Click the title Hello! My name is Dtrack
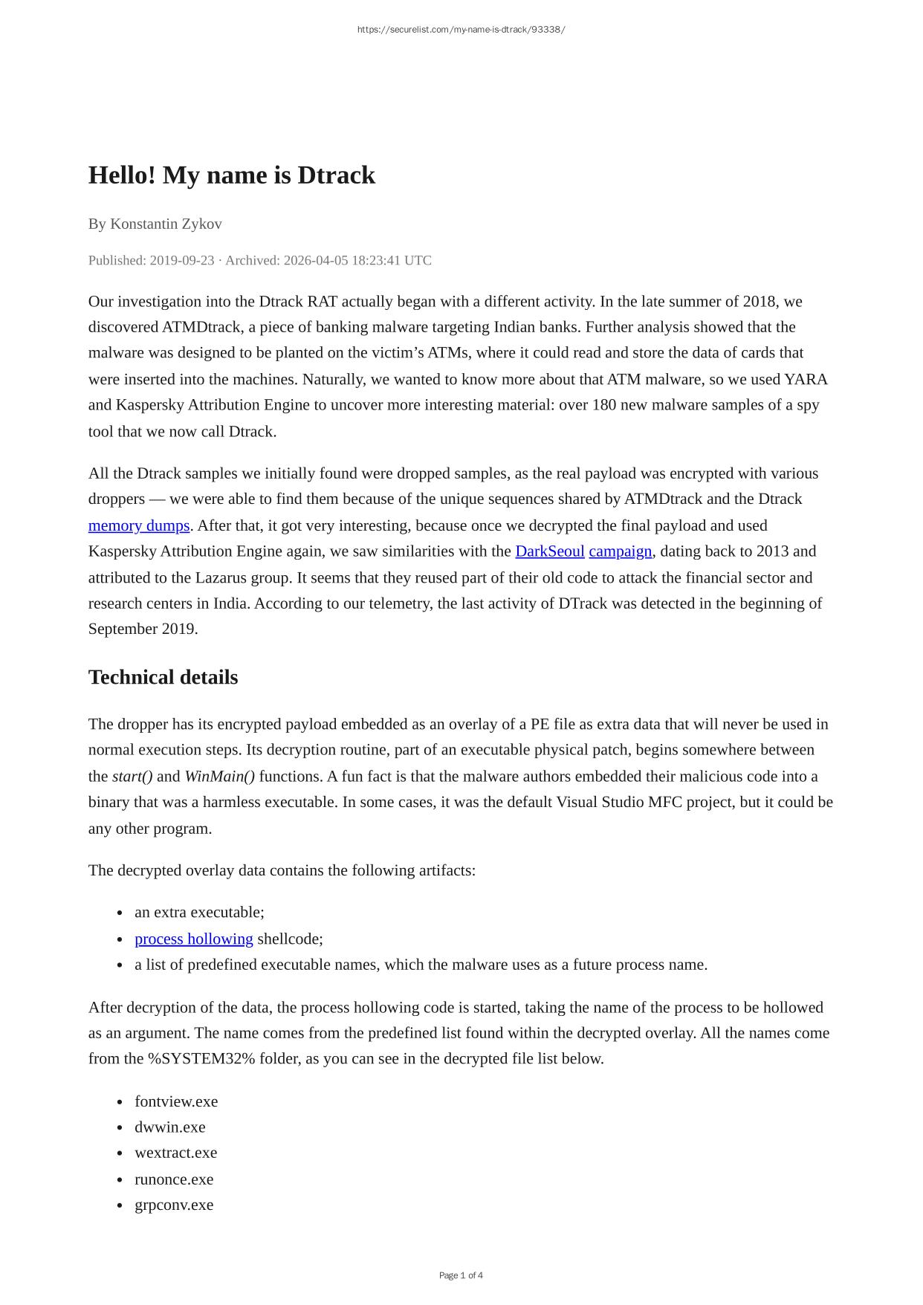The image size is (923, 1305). [231, 175]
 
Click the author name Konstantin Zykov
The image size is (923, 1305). [166, 224]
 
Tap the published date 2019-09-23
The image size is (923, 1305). [181, 260]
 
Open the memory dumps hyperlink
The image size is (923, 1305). [139, 525]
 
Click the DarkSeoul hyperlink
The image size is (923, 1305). [549, 551]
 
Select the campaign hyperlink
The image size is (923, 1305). [620, 551]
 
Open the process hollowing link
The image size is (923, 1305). [193, 939]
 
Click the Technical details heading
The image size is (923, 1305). [163, 678]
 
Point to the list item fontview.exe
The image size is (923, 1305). [176, 1101]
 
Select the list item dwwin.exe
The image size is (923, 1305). [169, 1127]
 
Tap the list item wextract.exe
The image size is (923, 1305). [175, 1153]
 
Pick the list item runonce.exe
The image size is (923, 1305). [173, 1179]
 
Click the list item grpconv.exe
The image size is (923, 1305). [173, 1205]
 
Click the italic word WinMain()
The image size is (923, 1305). [219, 777]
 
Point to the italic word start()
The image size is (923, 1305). [132, 777]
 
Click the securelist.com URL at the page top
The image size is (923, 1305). [461, 30]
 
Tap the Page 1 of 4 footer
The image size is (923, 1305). [461, 1275]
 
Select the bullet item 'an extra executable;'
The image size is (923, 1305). [199, 912]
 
